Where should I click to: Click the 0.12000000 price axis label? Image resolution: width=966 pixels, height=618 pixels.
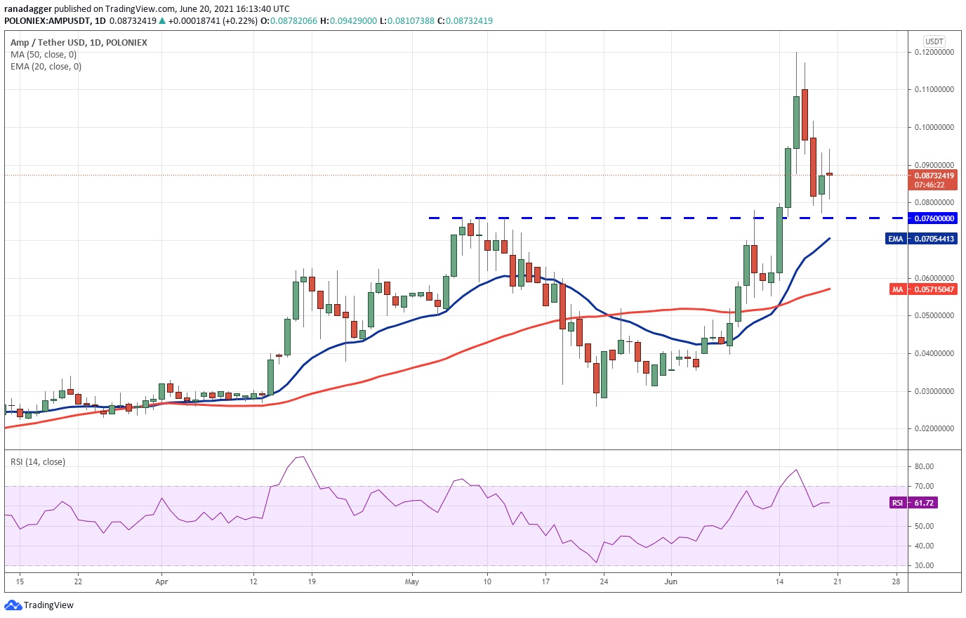[934, 52]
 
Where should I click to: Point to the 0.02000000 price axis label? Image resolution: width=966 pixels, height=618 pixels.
[934, 428]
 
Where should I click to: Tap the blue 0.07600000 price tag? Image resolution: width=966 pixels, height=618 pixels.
[934, 218]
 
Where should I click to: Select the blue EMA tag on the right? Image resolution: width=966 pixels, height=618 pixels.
[896, 239]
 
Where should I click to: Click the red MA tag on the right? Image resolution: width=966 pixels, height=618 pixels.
[897, 289]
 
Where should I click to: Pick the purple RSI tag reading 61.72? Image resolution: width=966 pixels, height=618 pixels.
[897, 503]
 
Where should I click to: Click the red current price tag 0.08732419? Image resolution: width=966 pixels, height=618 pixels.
[934, 180]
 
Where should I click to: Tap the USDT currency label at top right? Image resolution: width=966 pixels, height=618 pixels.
[934, 41]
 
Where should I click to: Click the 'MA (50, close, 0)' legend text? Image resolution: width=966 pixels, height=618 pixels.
[44, 55]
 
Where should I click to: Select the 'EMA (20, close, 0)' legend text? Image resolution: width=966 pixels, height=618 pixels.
[46, 67]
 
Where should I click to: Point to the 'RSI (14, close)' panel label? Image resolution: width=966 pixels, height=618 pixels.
[38, 461]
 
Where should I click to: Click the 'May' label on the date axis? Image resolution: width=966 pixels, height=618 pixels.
[412, 581]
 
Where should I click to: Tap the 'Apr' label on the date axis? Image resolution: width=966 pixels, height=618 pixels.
[161, 581]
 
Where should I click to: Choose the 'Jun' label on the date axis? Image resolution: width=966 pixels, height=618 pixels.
[671, 581]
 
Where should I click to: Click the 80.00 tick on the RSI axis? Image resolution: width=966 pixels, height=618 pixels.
[924, 466]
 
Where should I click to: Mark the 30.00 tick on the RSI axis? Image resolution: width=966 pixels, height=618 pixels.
[924, 565]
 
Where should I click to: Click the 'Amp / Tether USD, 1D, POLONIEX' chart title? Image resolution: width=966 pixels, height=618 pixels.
[79, 42]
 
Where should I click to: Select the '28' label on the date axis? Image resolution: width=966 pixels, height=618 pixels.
[896, 581]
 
